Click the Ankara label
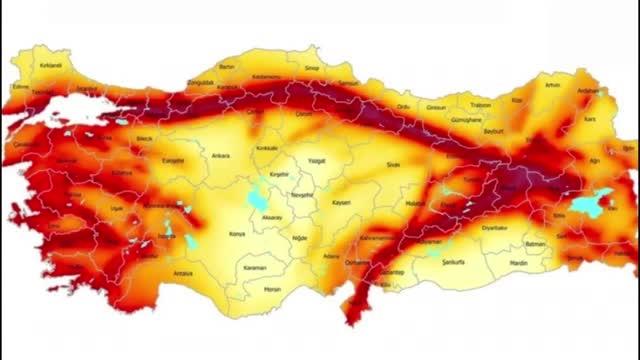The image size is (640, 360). [x=221, y=155]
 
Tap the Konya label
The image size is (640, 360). [x=237, y=234]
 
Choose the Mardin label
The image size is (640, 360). [x=517, y=263]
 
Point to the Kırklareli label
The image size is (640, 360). [x=51, y=66]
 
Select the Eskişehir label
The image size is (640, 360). [x=175, y=158]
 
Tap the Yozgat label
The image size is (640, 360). [x=318, y=160]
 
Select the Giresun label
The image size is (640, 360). [x=437, y=107]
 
